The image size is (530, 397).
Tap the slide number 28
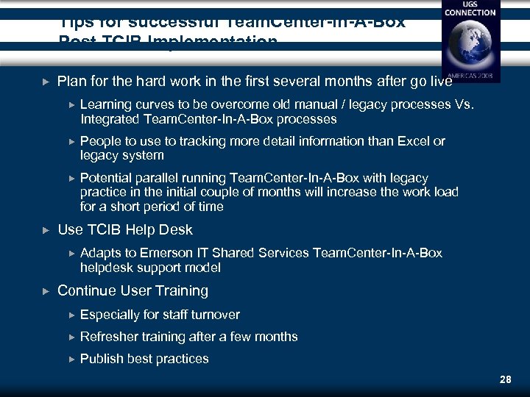pos(505,380)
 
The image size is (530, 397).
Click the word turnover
pos(215,315)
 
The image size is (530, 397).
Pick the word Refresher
pos(109,337)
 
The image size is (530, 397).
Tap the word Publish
pos(102,359)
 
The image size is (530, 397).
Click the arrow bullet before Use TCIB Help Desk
pos(46,230)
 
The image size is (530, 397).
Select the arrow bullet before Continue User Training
pos(46,291)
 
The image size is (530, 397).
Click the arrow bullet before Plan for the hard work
pos(46,81)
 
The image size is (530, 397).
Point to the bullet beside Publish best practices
pos(71,359)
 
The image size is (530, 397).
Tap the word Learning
pos(105,104)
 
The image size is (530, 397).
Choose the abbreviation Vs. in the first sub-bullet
pos(464,104)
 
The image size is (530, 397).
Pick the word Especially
pos(110,315)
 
